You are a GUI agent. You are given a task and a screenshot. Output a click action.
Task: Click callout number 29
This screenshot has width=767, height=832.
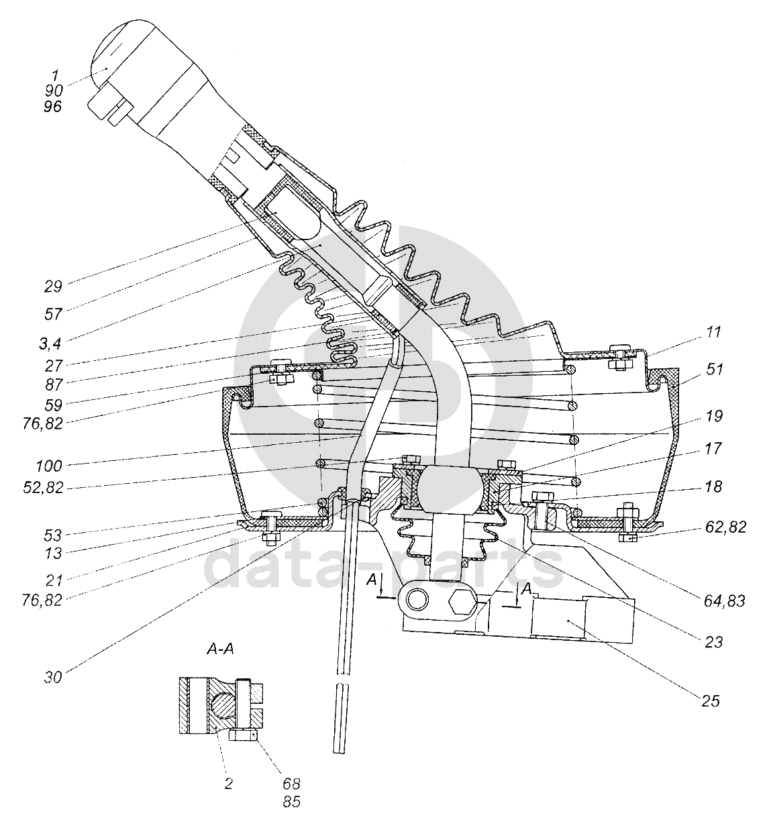[53, 287]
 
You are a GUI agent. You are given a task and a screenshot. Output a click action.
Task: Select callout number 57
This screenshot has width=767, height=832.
[53, 314]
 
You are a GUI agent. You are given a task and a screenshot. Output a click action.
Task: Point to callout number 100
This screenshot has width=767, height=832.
[48, 466]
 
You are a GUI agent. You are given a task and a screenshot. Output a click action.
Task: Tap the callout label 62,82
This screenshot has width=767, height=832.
[725, 527]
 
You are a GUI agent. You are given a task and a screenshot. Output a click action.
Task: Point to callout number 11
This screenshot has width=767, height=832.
[713, 332]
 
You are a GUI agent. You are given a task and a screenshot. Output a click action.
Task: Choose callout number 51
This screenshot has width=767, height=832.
[714, 370]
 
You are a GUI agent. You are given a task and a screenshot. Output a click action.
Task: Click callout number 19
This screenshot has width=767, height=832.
[714, 416]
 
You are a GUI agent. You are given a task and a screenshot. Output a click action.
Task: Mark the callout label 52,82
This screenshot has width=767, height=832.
[43, 488]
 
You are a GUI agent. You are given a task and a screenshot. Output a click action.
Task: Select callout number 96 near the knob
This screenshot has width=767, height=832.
[53, 107]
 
